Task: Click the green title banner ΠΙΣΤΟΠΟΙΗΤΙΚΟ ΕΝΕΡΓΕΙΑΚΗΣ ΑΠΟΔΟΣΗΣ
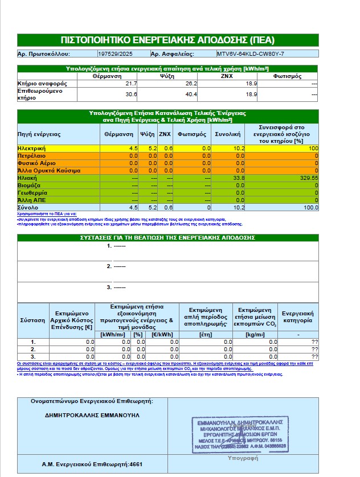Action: (167, 40)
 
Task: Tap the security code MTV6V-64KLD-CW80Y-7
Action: (250, 54)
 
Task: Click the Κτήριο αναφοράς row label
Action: (35, 84)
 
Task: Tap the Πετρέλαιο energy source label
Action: (31, 155)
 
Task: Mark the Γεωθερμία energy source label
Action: (31, 192)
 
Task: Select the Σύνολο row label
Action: (28, 208)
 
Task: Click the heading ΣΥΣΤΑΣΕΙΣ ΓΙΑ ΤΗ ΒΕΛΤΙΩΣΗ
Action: (167, 237)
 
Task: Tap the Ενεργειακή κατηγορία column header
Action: (298, 317)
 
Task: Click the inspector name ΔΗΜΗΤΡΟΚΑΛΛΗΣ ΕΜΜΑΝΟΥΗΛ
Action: (92, 415)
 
